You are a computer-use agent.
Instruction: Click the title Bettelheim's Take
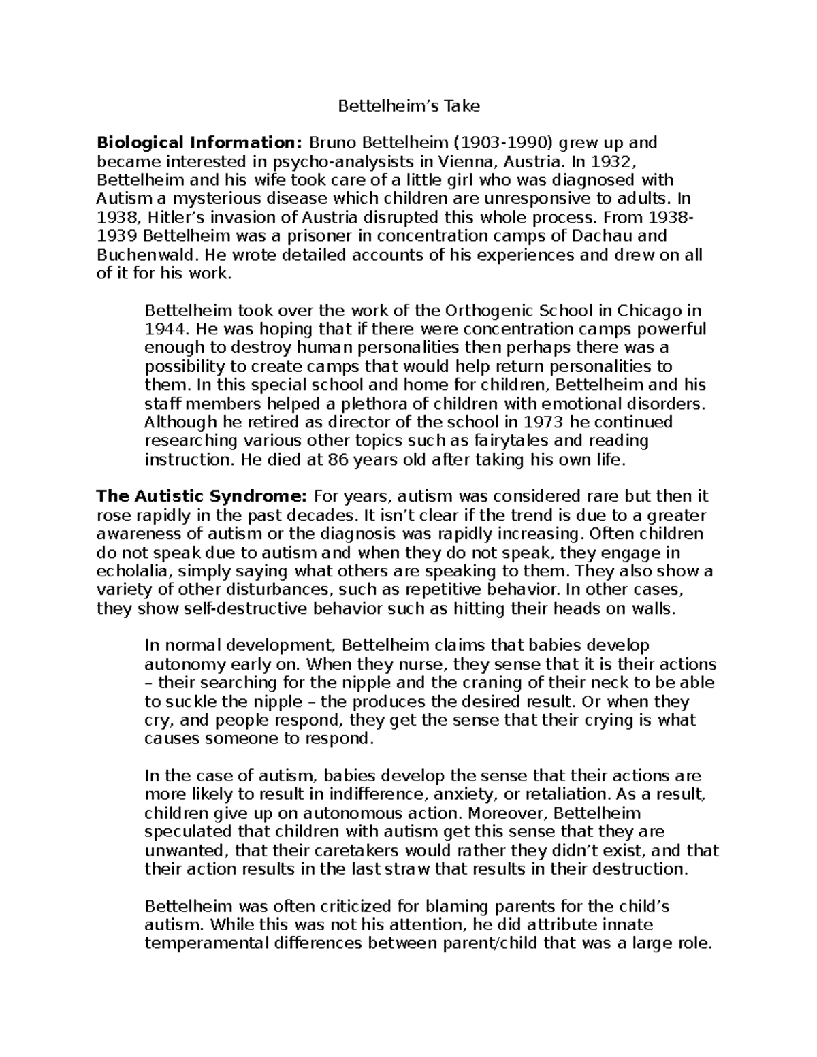coord(409,106)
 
